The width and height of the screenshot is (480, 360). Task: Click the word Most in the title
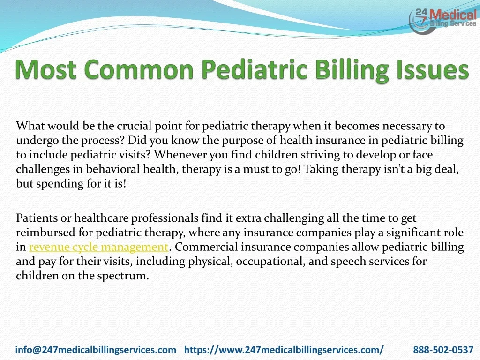[x=45, y=69]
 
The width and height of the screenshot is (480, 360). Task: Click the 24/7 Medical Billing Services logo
[x=442, y=21]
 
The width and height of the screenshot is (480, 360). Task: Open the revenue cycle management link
[x=98, y=247]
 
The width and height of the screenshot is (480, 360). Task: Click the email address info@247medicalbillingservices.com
[x=96, y=350]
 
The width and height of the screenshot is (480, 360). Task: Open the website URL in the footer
[x=284, y=350]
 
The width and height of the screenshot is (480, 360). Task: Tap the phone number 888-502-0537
[x=443, y=350]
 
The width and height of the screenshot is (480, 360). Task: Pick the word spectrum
[x=123, y=276]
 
